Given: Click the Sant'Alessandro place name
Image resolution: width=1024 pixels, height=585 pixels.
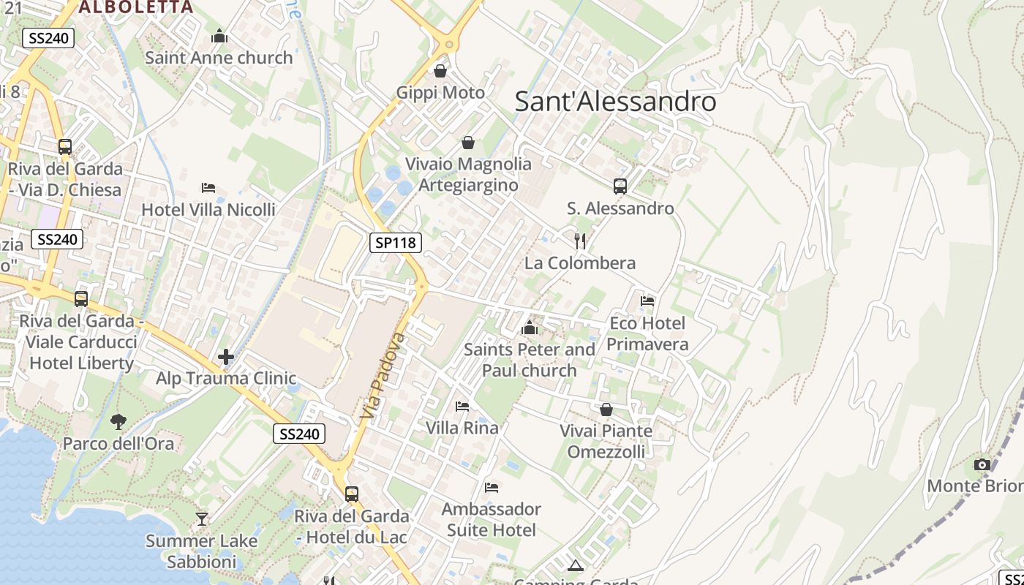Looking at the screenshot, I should (x=615, y=102).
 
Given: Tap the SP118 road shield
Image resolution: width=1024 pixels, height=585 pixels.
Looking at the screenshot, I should (x=396, y=243).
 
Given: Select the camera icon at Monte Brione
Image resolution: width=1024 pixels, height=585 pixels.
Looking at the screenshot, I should (x=982, y=465).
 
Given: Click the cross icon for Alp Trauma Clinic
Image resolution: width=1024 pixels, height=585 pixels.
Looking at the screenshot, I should (x=226, y=357).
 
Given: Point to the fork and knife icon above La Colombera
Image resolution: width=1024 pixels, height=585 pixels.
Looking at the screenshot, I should (x=580, y=241).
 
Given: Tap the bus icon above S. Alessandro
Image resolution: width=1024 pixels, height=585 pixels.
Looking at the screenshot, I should (x=620, y=186).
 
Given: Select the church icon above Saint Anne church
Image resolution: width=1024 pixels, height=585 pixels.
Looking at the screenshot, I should (x=219, y=36).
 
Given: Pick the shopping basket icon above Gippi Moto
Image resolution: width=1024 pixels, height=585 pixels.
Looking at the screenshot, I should (x=440, y=71).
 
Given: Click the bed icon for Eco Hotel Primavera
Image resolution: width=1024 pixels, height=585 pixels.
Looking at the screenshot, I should (x=647, y=301).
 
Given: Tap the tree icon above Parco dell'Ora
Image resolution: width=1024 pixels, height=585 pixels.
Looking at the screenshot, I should (x=118, y=421).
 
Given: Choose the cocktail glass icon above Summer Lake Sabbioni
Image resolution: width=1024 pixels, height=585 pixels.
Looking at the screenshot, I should (x=202, y=519).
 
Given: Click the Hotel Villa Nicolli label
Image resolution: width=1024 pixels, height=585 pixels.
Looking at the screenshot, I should (x=208, y=210).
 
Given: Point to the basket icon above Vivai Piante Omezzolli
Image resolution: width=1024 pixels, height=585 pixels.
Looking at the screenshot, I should (x=606, y=409).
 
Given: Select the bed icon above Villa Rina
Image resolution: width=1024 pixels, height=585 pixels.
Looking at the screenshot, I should (x=462, y=406).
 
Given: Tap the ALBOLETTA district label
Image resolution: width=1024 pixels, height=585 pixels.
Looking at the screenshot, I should (x=136, y=7).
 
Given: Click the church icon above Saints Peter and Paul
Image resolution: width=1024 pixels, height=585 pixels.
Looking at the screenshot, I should (x=530, y=328).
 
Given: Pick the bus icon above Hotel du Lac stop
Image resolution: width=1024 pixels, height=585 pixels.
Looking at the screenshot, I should (x=352, y=494).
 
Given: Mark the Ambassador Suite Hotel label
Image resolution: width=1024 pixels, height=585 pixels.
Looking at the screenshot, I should (x=492, y=519).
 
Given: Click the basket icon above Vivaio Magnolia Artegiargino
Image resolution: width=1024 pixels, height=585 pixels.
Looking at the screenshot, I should (x=468, y=143).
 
